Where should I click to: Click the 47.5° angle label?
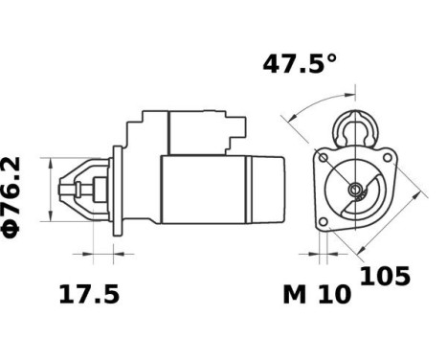coord(300,65)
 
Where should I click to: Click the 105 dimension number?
coord(385,277)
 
